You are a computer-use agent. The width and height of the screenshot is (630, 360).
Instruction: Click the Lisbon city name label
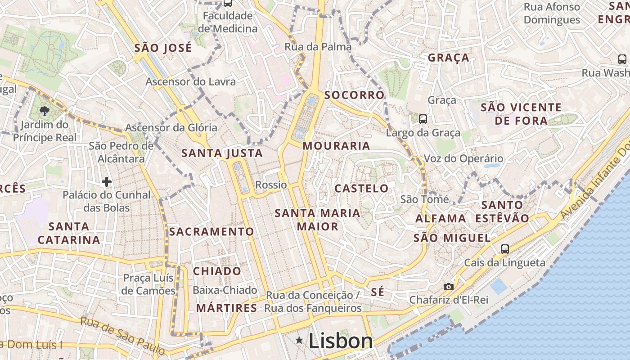point(341,341)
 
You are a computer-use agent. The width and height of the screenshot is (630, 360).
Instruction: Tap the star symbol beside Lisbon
point(299,341)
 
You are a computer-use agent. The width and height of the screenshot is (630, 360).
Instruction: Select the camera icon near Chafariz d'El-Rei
point(448,287)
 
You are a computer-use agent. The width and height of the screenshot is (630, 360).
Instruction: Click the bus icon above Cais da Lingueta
point(505,249)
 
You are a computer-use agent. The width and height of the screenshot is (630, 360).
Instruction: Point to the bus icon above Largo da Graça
point(423,119)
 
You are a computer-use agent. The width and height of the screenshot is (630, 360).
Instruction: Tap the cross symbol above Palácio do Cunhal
point(106,182)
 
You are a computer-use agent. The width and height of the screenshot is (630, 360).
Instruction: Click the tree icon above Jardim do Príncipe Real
point(44,111)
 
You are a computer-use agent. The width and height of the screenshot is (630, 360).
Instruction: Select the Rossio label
point(271,185)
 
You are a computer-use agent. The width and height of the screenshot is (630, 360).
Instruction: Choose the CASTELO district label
point(361,188)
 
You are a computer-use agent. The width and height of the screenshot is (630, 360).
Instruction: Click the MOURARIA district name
point(336,146)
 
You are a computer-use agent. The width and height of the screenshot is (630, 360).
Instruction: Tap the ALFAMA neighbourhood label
point(441,219)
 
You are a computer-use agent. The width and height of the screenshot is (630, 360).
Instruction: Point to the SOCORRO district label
point(354,95)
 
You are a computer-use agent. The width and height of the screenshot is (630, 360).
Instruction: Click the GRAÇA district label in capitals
point(448,58)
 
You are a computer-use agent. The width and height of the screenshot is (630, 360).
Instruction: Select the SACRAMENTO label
point(211,232)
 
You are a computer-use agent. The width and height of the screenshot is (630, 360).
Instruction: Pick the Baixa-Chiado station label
point(225,290)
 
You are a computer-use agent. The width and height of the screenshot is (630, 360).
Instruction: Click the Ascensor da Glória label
point(171,128)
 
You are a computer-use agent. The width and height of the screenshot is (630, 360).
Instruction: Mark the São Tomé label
point(424,199)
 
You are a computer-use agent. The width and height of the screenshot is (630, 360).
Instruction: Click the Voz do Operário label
point(463,158)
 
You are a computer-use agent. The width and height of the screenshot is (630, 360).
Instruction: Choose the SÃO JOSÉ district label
point(163,48)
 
